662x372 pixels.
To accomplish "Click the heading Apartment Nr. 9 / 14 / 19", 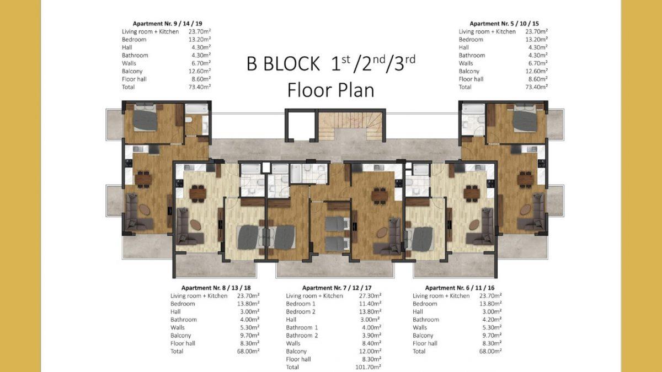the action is pos(167,24).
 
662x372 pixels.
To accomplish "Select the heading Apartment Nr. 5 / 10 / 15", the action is pos(504,24).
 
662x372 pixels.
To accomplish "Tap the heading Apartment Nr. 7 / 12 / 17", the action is pos(337,288).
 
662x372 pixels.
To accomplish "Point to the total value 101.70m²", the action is pos(368,367).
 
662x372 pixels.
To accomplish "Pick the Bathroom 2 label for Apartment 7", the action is pos(302,336).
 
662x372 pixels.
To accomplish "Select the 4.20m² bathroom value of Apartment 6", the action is pos(490,320).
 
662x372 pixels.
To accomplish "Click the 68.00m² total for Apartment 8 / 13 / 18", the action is pos(248,352).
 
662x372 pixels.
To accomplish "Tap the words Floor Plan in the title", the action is pos(330,90).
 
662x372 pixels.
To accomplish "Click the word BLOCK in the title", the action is pos(291,64).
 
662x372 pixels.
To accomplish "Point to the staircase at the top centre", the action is pos(351,125).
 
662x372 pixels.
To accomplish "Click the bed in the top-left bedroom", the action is pos(145,117).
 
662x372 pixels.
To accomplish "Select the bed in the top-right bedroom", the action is pos(525,118).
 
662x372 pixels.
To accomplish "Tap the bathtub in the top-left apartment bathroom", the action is pos(196,109).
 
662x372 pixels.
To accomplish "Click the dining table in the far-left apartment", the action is pos(143,179).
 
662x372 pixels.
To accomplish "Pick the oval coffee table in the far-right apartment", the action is pos(525,209).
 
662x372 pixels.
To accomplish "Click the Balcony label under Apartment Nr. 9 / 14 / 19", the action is pos(132,71).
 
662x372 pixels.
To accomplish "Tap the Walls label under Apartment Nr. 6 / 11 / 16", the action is pos(420,327).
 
